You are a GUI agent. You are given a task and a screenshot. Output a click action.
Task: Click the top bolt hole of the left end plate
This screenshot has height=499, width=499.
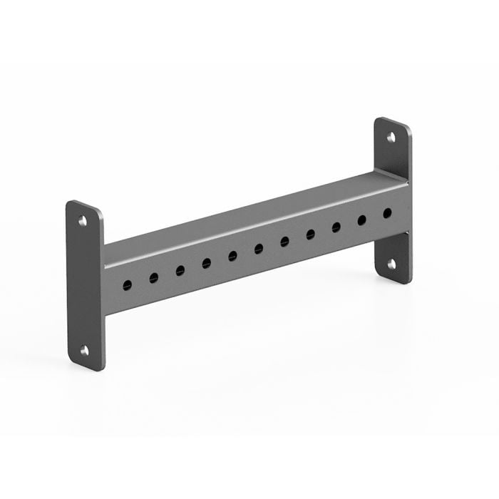[x=83, y=221]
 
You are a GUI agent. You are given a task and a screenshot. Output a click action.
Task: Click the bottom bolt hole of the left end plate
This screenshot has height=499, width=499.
[x=84, y=350]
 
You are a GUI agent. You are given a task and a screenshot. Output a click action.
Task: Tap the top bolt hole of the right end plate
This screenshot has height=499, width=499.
[x=391, y=137]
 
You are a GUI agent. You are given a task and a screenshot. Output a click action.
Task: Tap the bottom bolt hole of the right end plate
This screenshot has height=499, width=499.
[x=391, y=264]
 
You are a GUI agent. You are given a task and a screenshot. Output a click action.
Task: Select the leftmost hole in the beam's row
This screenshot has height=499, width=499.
[x=127, y=285]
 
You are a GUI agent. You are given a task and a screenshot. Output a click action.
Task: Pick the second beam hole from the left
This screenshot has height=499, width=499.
[x=153, y=278]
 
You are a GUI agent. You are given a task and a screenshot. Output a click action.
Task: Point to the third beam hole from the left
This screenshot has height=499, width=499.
[x=180, y=270]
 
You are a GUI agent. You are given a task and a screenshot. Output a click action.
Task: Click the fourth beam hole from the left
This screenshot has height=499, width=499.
[x=206, y=263]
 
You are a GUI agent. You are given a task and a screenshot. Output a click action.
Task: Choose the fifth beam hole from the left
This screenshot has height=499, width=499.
[x=232, y=256]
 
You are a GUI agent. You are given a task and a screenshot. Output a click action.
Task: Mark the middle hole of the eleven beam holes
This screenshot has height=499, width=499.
[x=259, y=249]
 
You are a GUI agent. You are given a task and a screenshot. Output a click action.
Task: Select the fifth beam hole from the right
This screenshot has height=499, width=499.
[x=284, y=242]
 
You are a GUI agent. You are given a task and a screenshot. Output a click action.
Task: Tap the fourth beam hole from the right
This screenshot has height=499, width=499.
[x=310, y=235]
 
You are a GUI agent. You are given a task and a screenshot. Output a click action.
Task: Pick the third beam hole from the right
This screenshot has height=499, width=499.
[x=336, y=227]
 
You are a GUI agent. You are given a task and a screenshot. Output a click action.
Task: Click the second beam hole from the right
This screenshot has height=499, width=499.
[x=361, y=220]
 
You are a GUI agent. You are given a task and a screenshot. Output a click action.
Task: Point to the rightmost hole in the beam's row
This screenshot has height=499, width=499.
[x=387, y=212]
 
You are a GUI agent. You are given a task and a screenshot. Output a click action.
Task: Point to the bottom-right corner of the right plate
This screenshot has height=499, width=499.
[x=408, y=279]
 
